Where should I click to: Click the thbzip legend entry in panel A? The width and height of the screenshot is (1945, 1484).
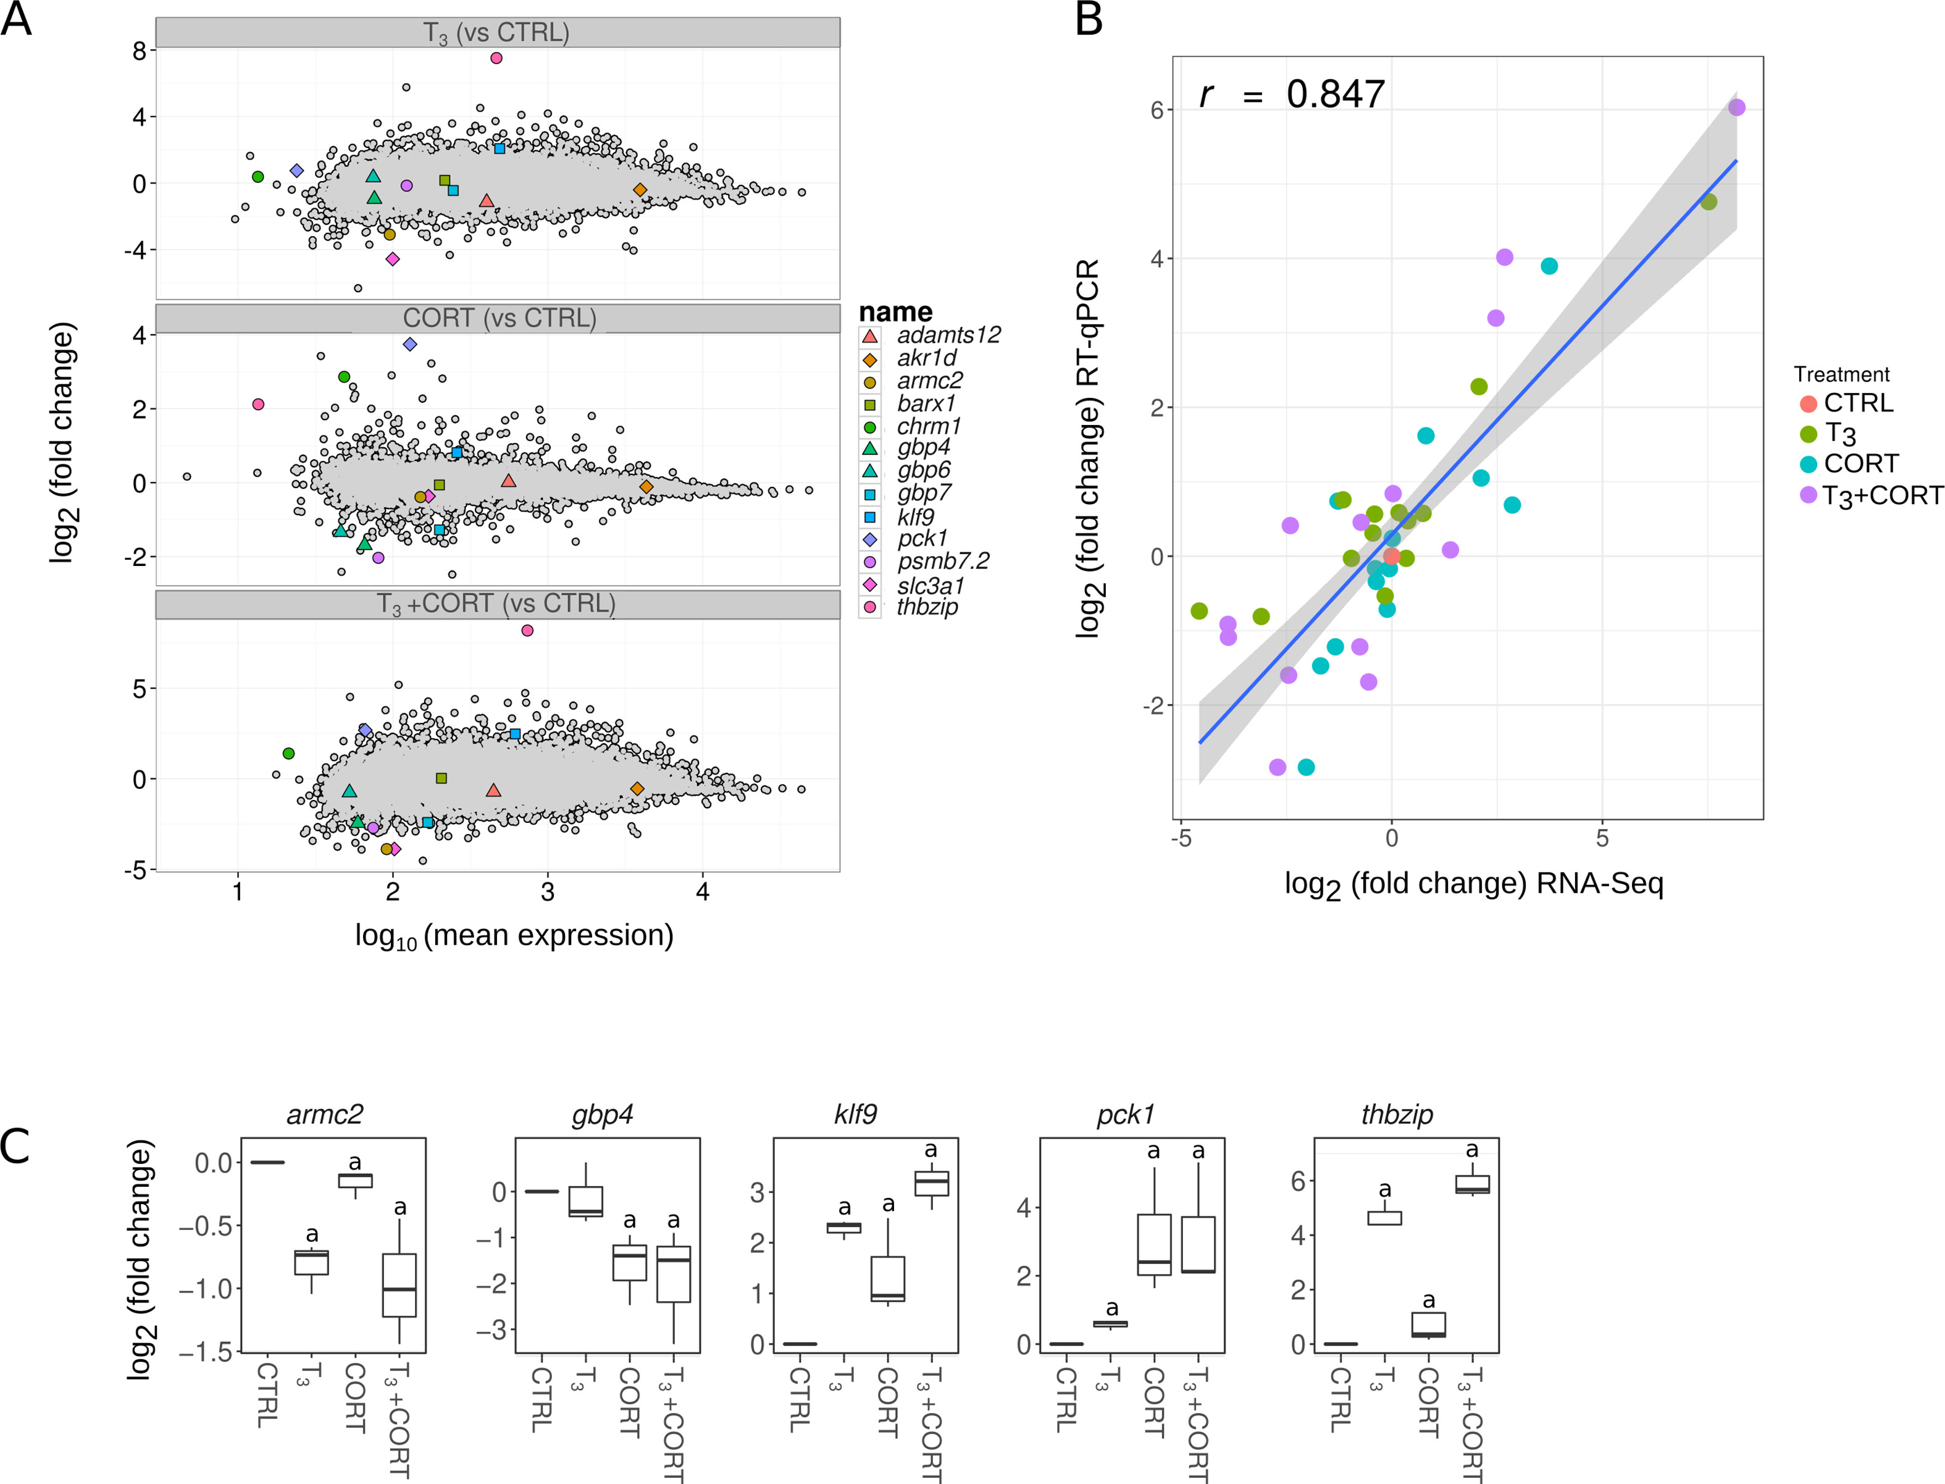pos(926,607)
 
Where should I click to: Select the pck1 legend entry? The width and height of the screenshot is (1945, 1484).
pos(922,539)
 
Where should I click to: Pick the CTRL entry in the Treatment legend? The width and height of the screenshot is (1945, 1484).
pos(1857,403)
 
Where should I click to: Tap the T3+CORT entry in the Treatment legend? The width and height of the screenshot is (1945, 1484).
pos(1882,495)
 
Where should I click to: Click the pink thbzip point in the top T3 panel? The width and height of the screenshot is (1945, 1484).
pos(496,58)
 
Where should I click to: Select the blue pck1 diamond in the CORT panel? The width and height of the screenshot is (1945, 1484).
pos(409,345)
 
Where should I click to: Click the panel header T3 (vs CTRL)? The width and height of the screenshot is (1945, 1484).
pos(497,33)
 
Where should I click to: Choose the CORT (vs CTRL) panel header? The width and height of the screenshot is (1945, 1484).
pos(499,318)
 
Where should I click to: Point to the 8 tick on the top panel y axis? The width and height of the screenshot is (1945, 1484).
pos(140,51)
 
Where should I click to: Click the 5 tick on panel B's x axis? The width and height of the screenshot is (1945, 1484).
pos(1602,837)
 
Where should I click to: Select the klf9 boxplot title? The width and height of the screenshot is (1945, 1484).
pos(855,1115)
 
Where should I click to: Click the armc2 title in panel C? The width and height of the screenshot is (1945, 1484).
pos(324,1115)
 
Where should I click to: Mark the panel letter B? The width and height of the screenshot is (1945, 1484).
pos(1089,19)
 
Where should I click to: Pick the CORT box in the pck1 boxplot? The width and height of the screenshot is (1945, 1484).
pos(1154,1245)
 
